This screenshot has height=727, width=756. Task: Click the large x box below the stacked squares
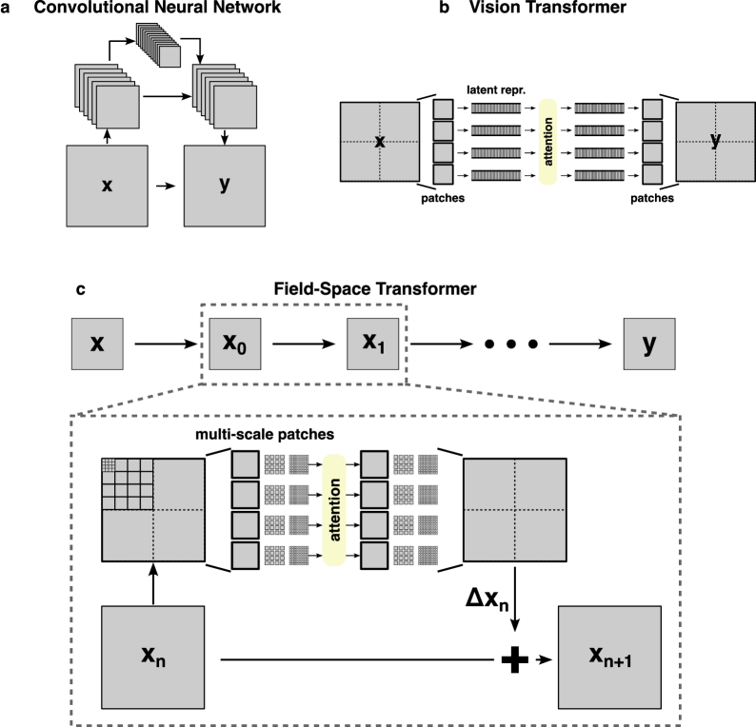point(107,186)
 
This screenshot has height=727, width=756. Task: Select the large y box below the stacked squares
point(225,186)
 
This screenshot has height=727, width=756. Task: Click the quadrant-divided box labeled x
point(379,142)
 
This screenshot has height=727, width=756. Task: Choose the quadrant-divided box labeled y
point(715,142)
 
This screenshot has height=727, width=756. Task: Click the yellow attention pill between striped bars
point(547,142)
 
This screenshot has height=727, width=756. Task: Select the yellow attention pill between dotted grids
point(333,509)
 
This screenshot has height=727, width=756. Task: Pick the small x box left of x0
point(97,344)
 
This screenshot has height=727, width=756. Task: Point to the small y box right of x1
point(649,344)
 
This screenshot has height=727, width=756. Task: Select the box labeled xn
point(152,656)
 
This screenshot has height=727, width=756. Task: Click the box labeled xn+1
point(609,656)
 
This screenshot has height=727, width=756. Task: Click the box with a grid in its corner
point(152,509)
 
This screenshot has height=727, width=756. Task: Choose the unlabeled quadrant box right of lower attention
point(514,509)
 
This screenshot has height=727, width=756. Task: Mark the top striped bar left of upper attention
point(496,108)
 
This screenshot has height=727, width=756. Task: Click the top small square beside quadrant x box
point(443,108)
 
